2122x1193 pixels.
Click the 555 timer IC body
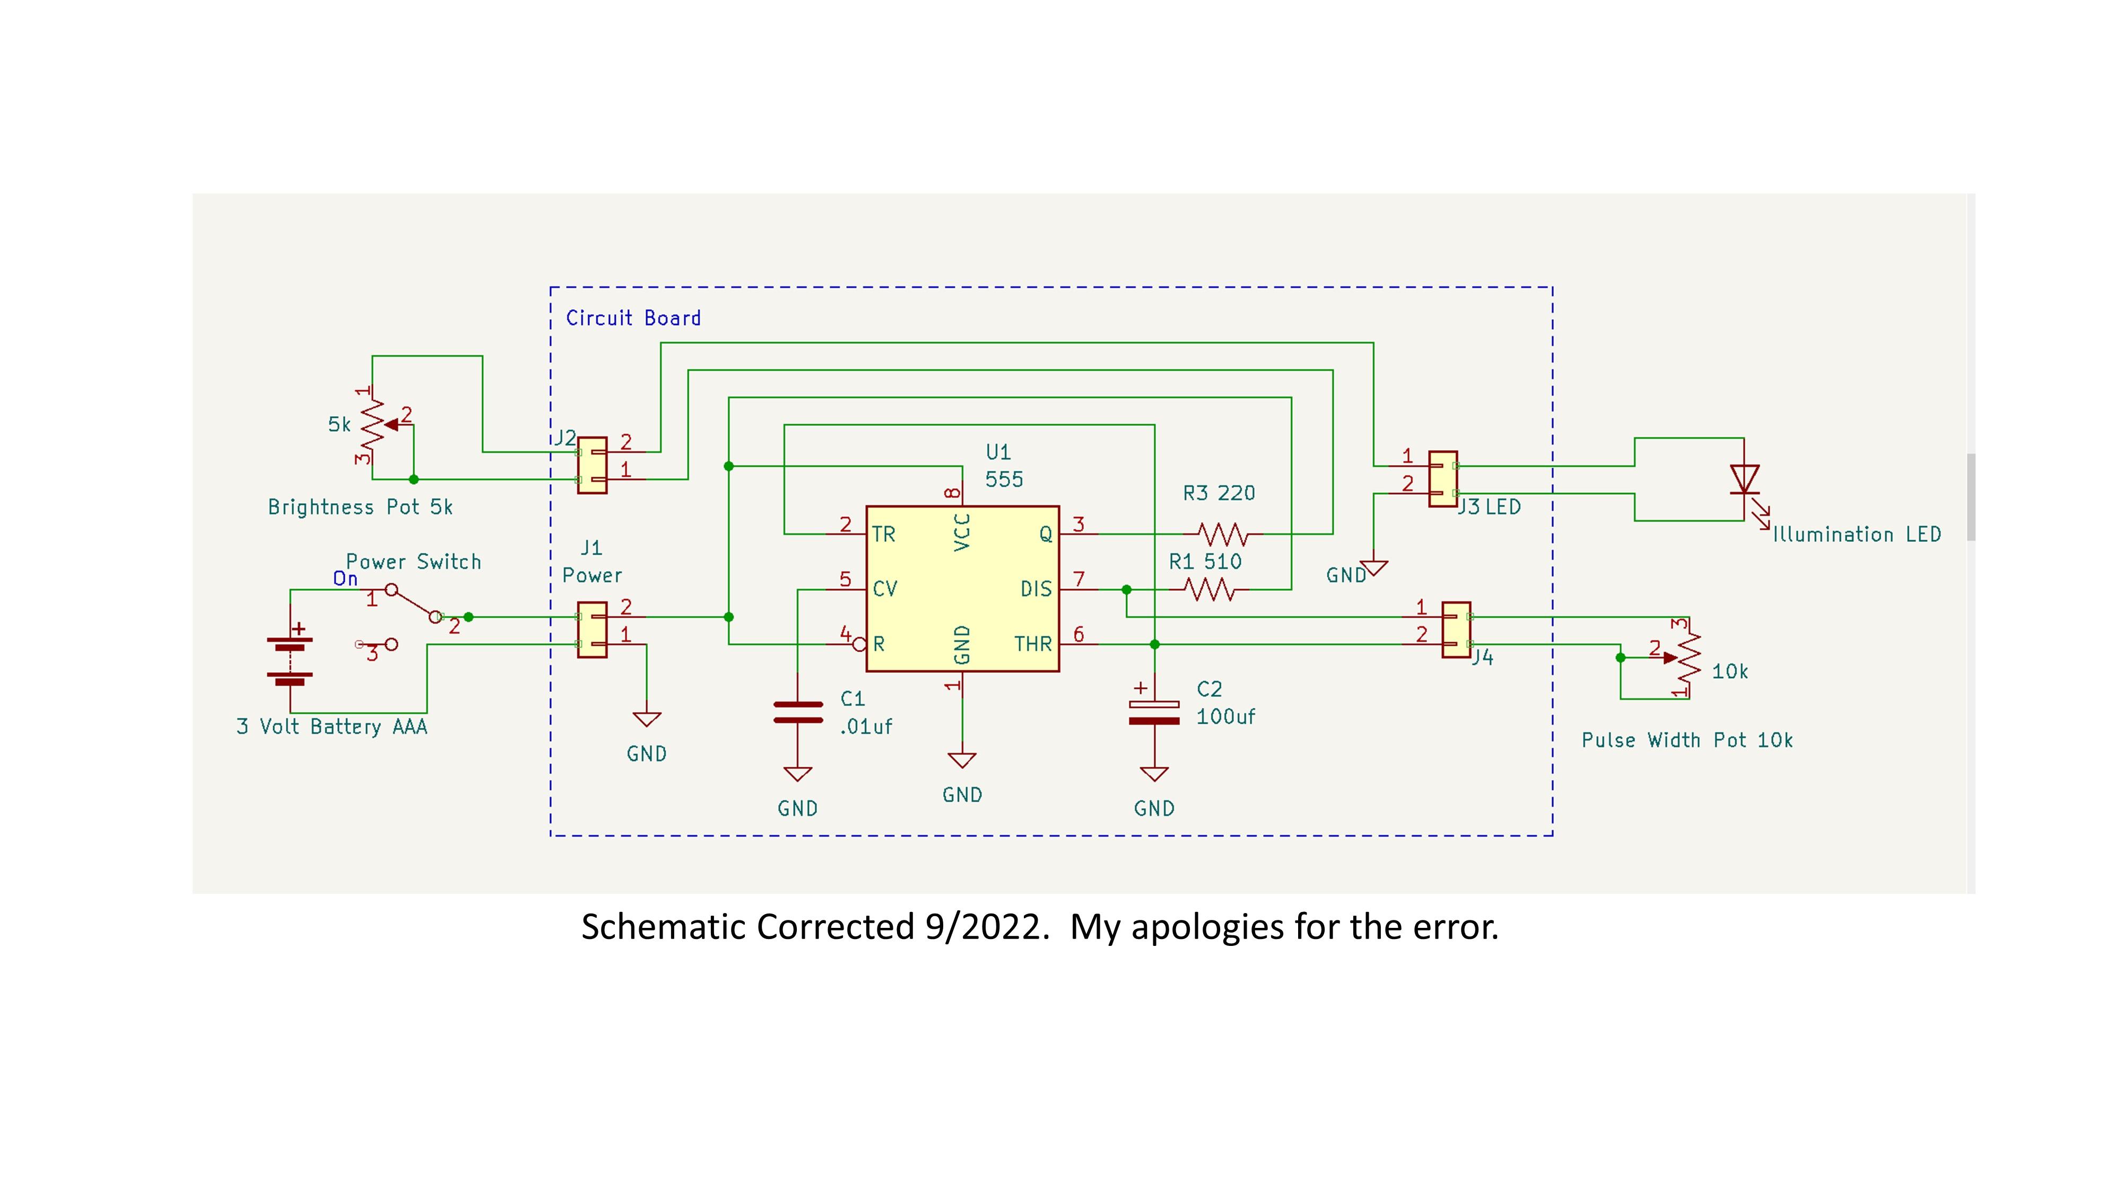click(x=962, y=589)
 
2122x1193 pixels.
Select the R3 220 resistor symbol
click(x=1223, y=534)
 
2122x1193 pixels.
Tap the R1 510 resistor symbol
click(x=1210, y=590)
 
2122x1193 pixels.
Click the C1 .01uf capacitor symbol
click(x=797, y=712)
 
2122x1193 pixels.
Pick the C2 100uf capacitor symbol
click(x=1154, y=712)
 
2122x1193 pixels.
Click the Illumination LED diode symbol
click(x=1744, y=480)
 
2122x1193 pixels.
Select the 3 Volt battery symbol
click(x=290, y=657)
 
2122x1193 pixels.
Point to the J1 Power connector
click(x=592, y=630)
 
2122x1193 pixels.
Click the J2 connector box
click(x=592, y=465)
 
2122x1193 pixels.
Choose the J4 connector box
click(x=1456, y=630)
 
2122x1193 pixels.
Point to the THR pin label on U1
click(x=1032, y=644)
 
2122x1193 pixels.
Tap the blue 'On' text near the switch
click(x=345, y=580)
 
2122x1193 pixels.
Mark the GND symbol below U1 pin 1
click(x=962, y=760)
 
